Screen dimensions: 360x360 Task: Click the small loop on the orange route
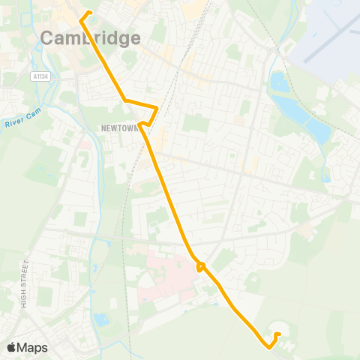point(200,265)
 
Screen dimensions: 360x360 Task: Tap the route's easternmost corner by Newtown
point(156,107)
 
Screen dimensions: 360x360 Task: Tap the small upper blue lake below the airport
point(278,82)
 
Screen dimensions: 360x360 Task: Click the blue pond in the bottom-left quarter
point(100,319)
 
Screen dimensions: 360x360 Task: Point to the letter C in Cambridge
point(47,38)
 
